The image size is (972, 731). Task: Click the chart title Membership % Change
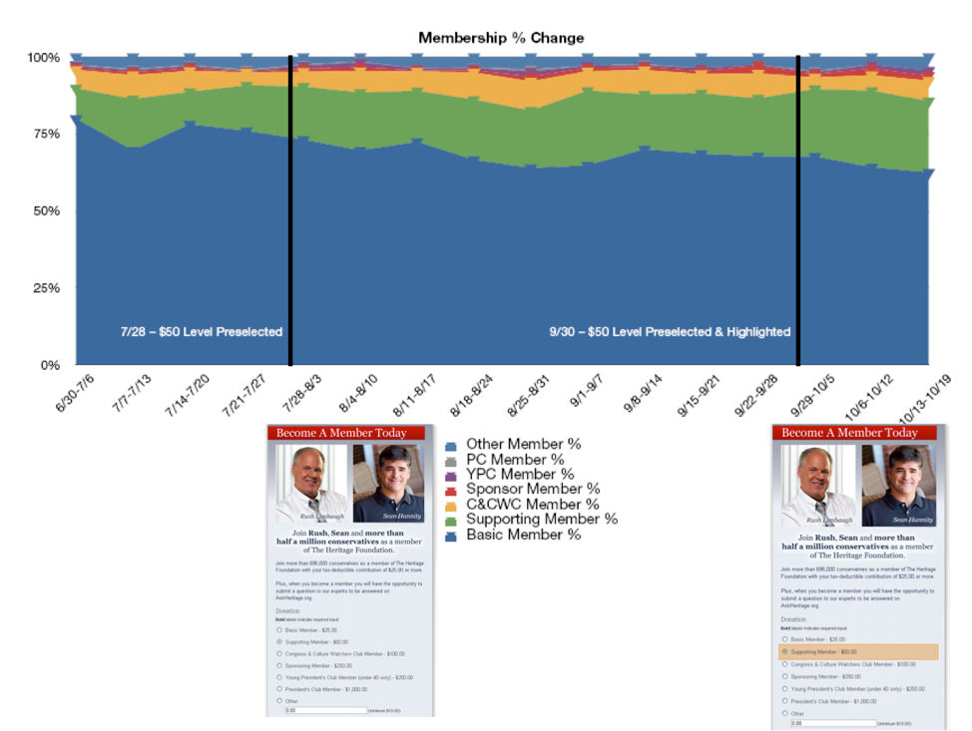(x=501, y=38)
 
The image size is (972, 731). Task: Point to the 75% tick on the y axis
(x=44, y=135)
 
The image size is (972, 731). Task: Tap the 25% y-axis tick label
(x=44, y=288)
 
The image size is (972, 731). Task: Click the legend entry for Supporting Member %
(x=541, y=519)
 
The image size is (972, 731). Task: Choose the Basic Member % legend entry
(x=523, y=535)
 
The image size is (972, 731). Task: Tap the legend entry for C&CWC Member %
(x=532, y=504)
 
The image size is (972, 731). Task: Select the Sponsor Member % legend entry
(x=533, y=489)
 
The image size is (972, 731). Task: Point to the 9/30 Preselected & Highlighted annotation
(x=670, y=332)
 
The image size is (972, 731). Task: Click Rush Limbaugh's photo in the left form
(x=311, y=484)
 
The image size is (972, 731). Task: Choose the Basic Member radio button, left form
(x=279, y=630)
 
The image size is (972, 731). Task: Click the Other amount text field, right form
(x=833, y=723)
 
